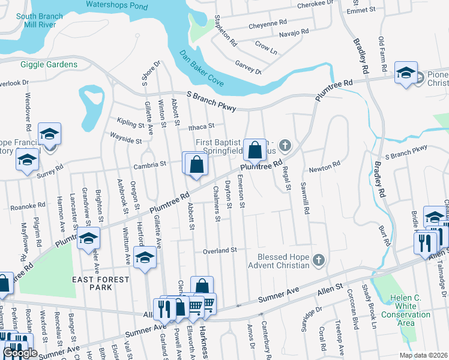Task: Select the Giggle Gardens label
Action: [49, 64]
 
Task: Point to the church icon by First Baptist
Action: [285, 145]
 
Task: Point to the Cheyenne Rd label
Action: [268, 22]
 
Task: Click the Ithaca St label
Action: [201, 127]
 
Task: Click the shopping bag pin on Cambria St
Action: [196, 164]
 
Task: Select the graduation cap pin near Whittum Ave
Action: [144, 258]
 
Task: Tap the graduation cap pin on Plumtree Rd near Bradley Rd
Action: [406, 73]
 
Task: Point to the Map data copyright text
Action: [424, 355]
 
